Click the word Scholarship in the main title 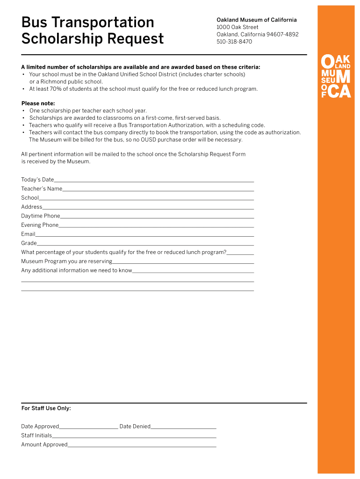pos(57,38)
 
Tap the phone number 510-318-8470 pos(234,42)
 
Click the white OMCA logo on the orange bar pos(336,76)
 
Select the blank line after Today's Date pos(154,181)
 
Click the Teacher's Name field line pos(158,190)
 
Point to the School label pos(30,198)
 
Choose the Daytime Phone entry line pos(157,217)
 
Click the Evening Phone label pos(40,225)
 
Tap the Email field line pos(144,235)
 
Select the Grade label pos(29,243)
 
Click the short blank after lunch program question pos(240,254)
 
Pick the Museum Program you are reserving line pos(183,262)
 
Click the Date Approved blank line pos(89,428)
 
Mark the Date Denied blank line pos(183,428)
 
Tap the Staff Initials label pos(36,435)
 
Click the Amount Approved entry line pos(142,446)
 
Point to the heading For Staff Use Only pos(46,408)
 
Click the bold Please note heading pos(38,103)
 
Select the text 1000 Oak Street pos(237,27)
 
